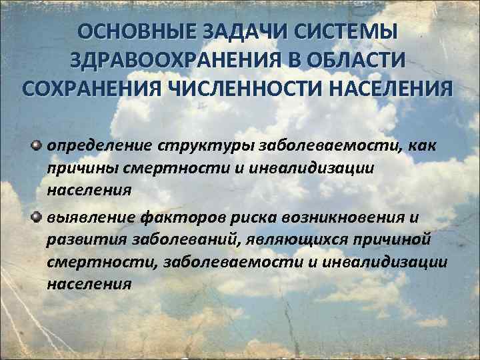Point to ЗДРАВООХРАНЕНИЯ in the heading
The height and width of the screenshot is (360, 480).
pos(177,61)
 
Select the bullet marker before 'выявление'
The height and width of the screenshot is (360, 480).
pos(37,217)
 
